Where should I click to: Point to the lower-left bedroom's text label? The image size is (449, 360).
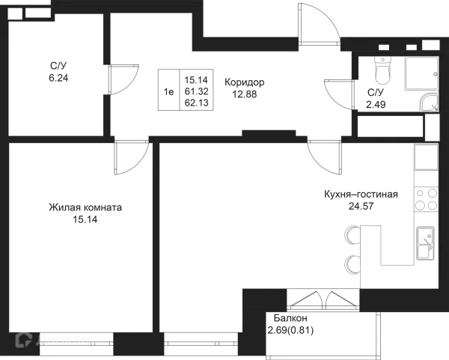86,212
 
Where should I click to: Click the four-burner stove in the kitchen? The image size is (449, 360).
427,200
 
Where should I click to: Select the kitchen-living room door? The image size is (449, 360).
321,157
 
